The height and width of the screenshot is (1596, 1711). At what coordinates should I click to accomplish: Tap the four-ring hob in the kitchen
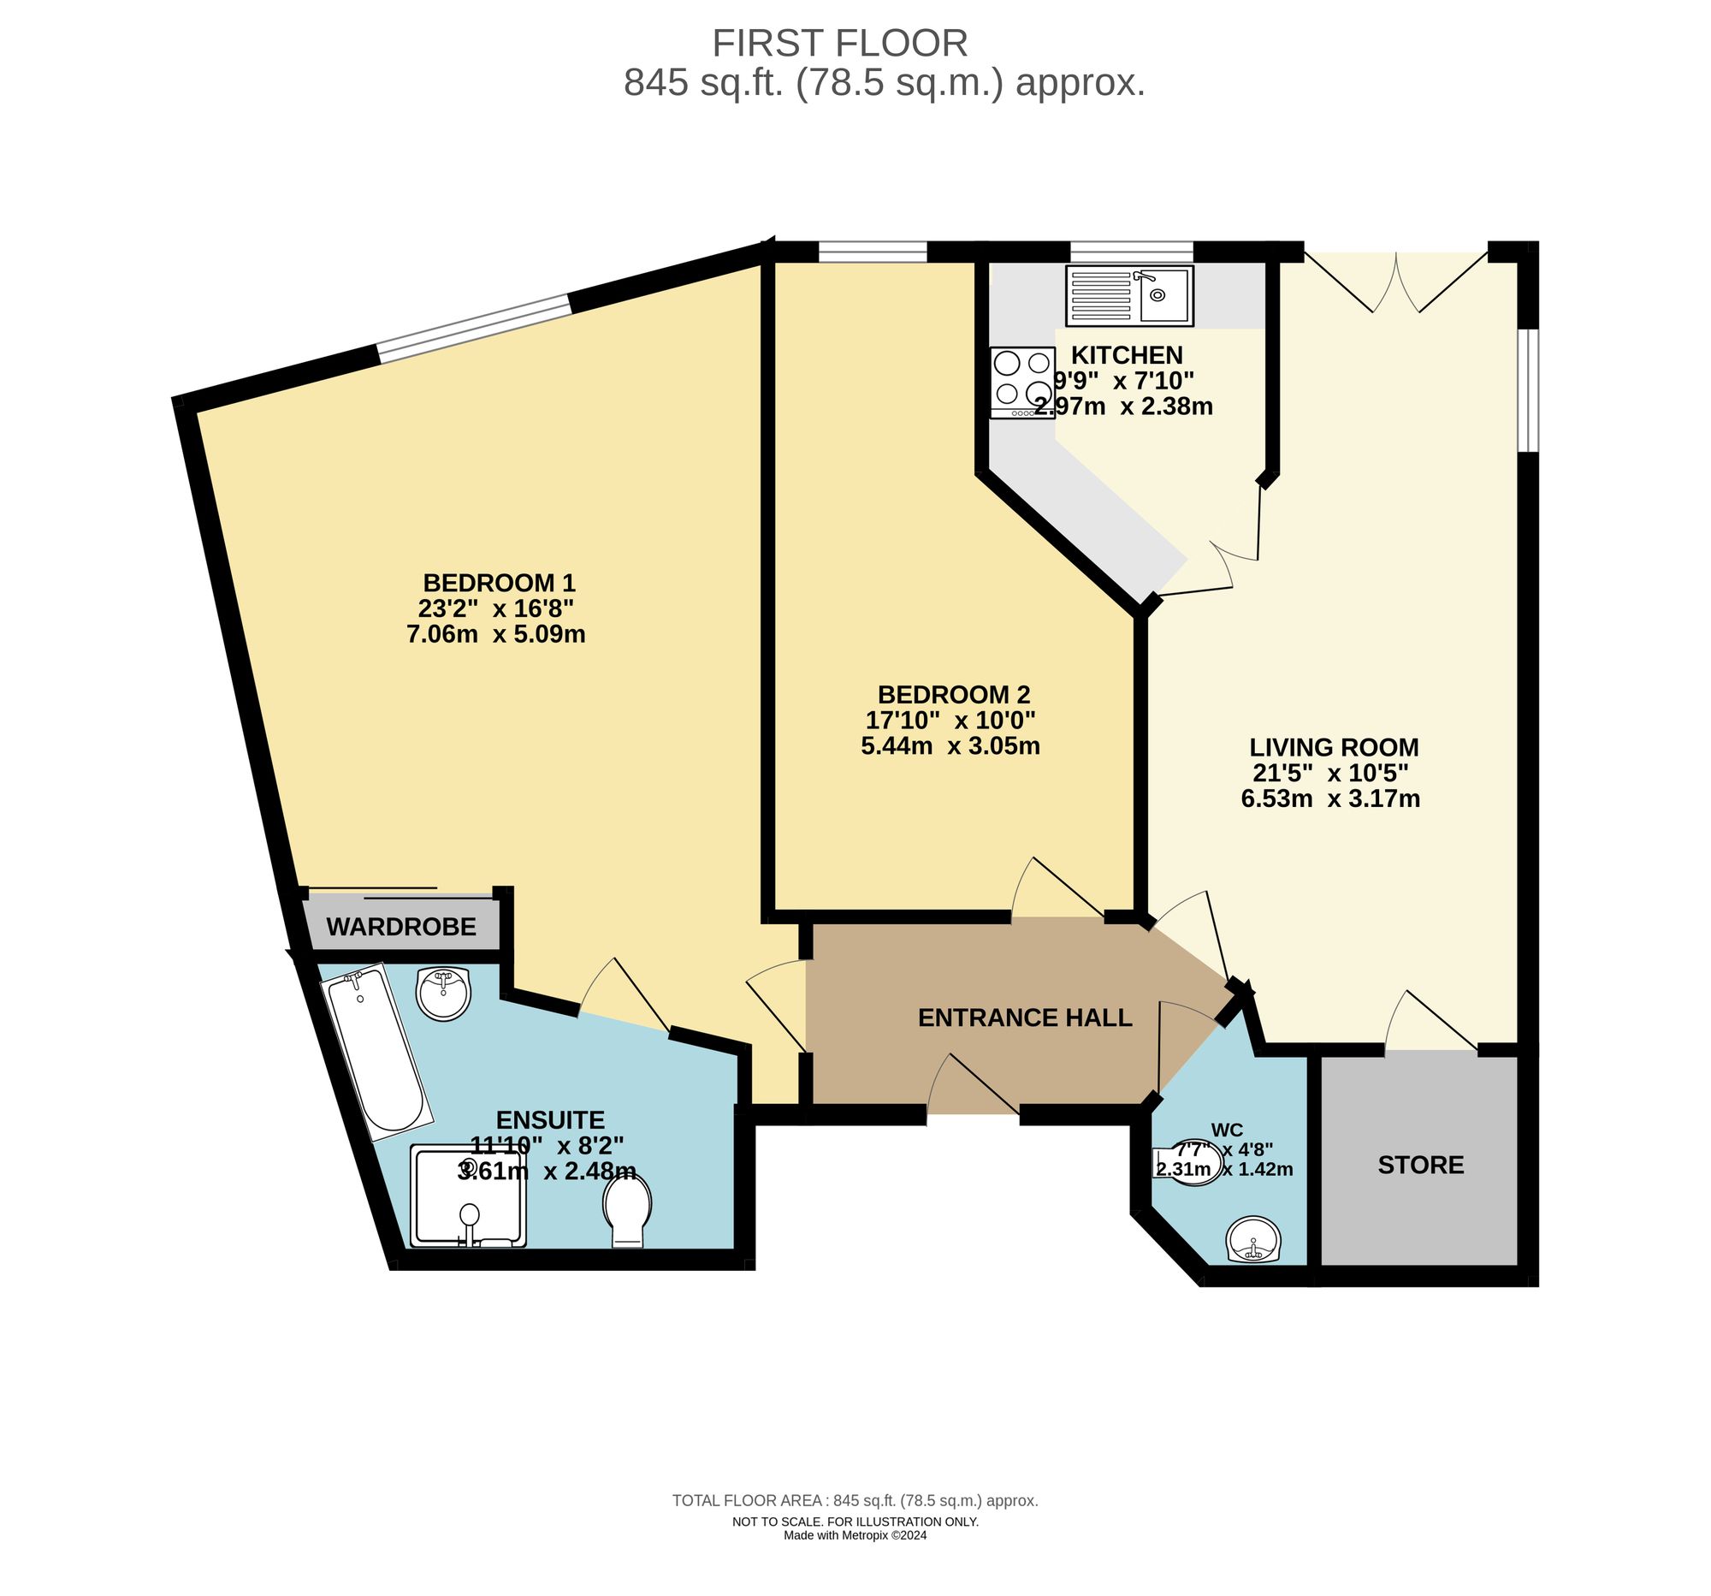(x=1021, y=382)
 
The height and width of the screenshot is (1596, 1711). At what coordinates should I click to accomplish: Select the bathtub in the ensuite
(x=376, y=1051)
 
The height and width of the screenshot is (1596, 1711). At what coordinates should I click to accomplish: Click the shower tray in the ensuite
(x=467, y=1196)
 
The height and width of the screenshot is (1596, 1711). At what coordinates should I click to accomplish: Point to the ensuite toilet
(x=627, y=1210)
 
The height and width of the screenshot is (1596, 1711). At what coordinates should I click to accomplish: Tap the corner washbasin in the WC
(x=1253, y=1241)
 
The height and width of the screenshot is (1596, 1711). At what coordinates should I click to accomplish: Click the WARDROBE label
(x=401, y=927)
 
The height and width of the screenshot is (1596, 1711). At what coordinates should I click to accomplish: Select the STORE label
(x=1420, y=1166)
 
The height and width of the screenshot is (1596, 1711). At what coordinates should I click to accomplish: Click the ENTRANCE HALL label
(x=1024, y=1018)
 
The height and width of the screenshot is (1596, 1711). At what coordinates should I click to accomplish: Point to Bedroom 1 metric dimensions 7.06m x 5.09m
(x=495, y=634)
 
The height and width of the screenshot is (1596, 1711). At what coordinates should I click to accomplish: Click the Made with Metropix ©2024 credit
(x=855, y=1535)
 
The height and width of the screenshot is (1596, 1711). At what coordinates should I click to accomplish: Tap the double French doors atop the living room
(x=1396, y=280)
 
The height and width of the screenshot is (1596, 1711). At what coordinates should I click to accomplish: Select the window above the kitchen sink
(x=1131, y=252)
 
